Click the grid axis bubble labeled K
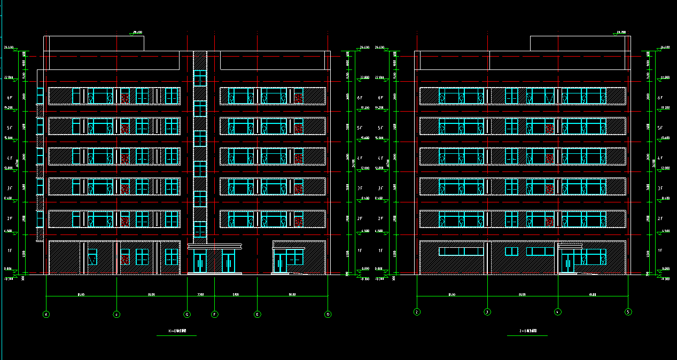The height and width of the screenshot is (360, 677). tap(46, 315)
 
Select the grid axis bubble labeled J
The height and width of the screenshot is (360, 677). tap(116, 315)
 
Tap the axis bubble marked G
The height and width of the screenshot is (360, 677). tap(187, 315)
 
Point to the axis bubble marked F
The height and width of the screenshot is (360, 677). tap(214, 315)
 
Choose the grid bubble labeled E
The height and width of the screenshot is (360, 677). tap(258, 315)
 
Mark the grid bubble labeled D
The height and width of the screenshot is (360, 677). tap(328, 315)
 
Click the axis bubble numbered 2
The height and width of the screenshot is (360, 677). tap(416, 311)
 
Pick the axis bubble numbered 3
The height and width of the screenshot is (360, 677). tap(487, 311)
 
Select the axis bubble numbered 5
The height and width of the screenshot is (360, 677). tap(628, 311)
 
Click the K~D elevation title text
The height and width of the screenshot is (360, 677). tap(177, 332)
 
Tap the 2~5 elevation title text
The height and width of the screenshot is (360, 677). tap(527, 332)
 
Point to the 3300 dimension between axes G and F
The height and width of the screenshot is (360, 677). tap(200, 294)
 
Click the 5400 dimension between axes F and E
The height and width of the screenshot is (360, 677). tap(236, 294)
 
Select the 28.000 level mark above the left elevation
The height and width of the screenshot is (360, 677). tap(137, 33)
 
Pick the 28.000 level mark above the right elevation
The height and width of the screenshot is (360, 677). tap(621, 33)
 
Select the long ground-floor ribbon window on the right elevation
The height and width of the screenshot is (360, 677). tap(461, 251)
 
